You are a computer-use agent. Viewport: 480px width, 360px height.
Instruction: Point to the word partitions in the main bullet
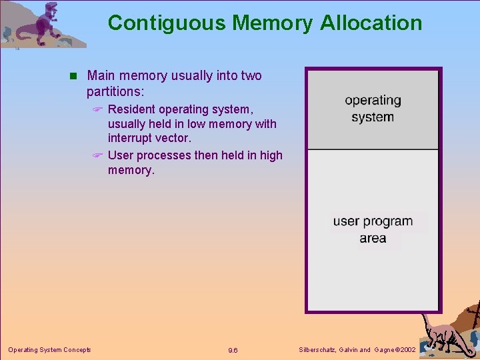[x=115, y=91]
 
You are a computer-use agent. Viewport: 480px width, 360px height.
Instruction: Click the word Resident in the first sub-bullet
[x=132, y=109]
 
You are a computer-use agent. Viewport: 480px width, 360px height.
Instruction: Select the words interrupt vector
[x=149, y=139]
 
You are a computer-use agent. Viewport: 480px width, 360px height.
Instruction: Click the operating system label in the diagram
[x=373, y=109]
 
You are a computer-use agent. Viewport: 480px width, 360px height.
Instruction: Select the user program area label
[x=373, y=229]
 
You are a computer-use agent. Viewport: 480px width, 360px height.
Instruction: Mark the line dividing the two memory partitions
[x=373, y=149]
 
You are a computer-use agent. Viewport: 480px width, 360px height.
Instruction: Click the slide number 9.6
[x=233, y=350]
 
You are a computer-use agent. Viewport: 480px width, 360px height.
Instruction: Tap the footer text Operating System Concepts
[x=49, y=349]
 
